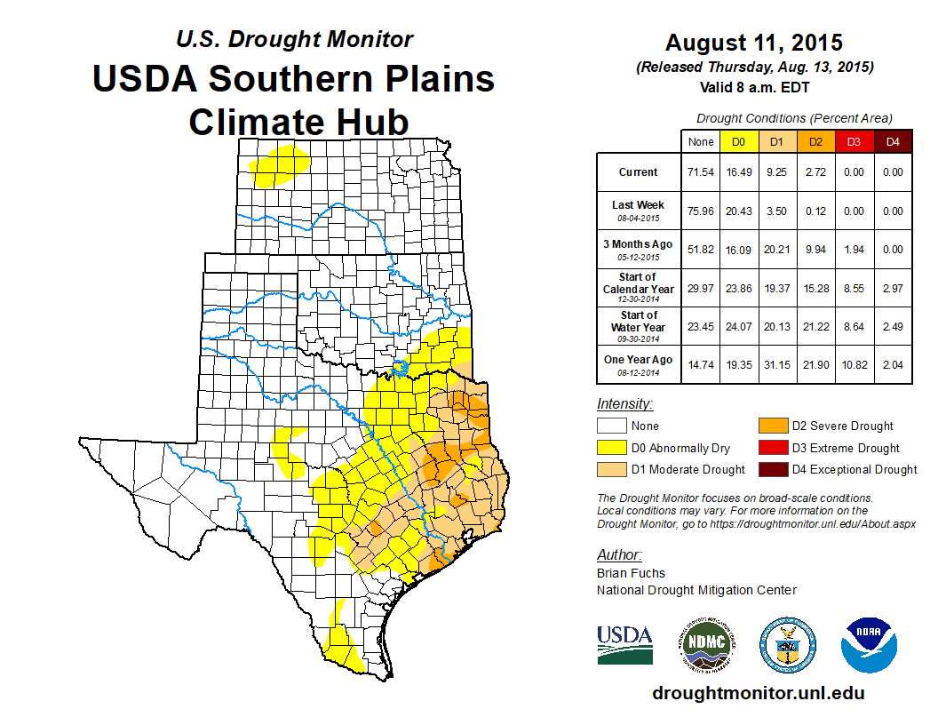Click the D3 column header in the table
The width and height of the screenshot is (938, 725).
[854, 141]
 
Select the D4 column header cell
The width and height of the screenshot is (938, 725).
[893, 141]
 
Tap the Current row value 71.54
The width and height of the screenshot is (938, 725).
[701, 172]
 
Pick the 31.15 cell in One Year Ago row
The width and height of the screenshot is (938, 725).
[775, 365]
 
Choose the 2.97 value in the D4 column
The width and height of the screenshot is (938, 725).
[893, 288]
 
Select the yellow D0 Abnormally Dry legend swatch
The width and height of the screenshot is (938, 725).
[611, 448]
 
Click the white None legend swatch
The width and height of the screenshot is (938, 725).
[611, 426]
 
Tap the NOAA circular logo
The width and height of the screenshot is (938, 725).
[870, 644]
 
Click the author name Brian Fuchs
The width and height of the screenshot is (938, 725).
[631, 573]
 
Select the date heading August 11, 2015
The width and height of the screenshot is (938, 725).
[754, 43]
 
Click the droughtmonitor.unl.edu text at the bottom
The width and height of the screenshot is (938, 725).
[758, 693]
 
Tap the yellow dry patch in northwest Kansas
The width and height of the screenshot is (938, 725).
[281, 165]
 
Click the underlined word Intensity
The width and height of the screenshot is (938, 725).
[624, 404]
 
